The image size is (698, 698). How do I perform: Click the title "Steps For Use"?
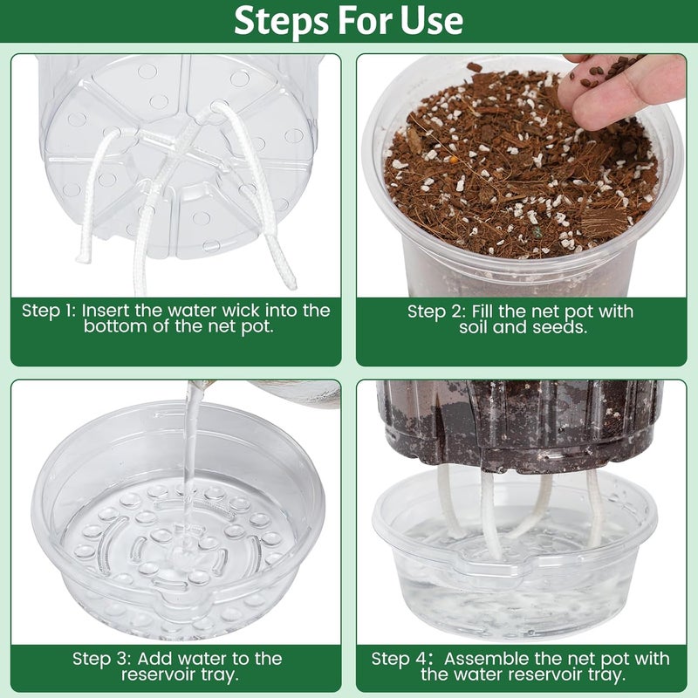tap(349, 20)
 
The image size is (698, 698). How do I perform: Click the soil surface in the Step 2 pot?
tap(515, 174)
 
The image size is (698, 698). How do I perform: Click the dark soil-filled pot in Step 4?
tap(519, 419)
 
